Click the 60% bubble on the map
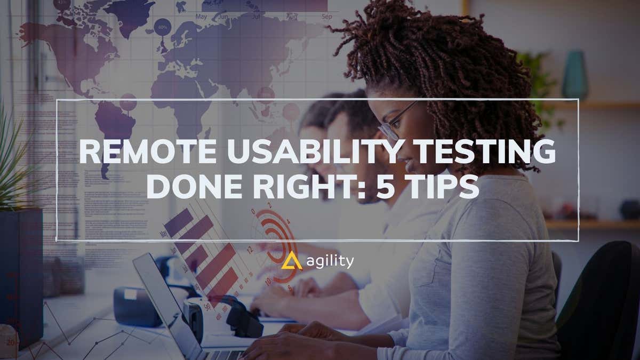[163, 26]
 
